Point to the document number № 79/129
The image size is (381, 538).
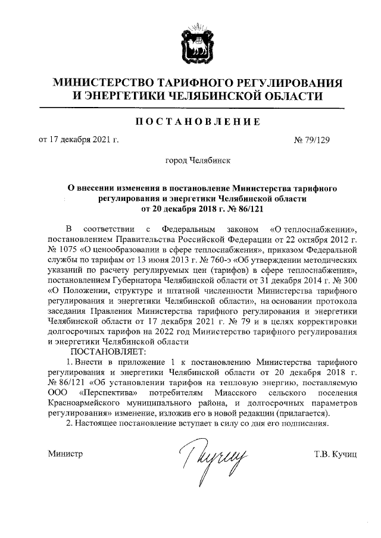click(312, 140)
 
